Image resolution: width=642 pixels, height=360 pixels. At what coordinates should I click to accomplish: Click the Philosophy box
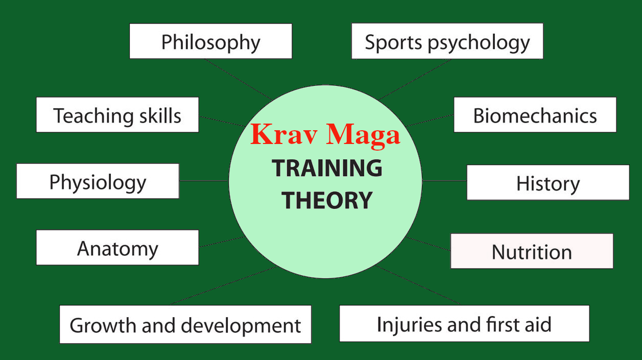pyautogui.click(x=210, y=41)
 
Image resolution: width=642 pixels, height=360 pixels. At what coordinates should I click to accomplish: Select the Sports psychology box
pyautogui.click(x=447, y=41)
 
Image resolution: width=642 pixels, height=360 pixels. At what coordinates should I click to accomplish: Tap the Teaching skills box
pyautogui.click(x=117, y=115)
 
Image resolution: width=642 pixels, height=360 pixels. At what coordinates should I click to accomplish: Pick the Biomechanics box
pyautogui.click(x=535, y=115)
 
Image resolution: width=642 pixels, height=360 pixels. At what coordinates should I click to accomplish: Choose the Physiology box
pyautogui.click(x=98, y=181)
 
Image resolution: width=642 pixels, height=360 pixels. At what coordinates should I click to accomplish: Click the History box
pyautogui.click(x=548, y=182)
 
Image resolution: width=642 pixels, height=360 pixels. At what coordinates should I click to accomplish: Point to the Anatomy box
pyautogui.click(x=117, y=247)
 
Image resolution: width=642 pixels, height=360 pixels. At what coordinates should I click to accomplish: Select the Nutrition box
pyautogui.click(x=532, y=251)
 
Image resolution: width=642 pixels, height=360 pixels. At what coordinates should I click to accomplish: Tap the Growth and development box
pyautogui.click(x=185, y=324)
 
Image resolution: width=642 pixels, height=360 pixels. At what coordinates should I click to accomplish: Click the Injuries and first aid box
pyautogui.click(x=464, y=324)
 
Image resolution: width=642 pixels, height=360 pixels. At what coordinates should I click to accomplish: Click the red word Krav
pyautogui.click(x=284, y=134)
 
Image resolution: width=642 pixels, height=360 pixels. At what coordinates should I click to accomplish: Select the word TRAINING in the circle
pyautogui.click(x=327, y=168)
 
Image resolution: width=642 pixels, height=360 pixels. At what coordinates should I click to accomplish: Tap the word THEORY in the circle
pyautogui.click(x=327, y=200)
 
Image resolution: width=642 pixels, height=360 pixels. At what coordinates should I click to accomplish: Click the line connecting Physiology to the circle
pyautogui.click(x=204, y=181)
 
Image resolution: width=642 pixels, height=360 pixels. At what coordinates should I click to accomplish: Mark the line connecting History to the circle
pyautogui.click(x=444, y=181)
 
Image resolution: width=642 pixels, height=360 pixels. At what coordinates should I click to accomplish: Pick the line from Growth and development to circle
pyautogui.click(x=224, y=285)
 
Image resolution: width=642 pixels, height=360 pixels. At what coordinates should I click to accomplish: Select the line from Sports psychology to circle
pyautogui.click(x=415, y=80)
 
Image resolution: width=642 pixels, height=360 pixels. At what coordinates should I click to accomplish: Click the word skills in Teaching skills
pyautogui.click(x=160, y=115)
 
